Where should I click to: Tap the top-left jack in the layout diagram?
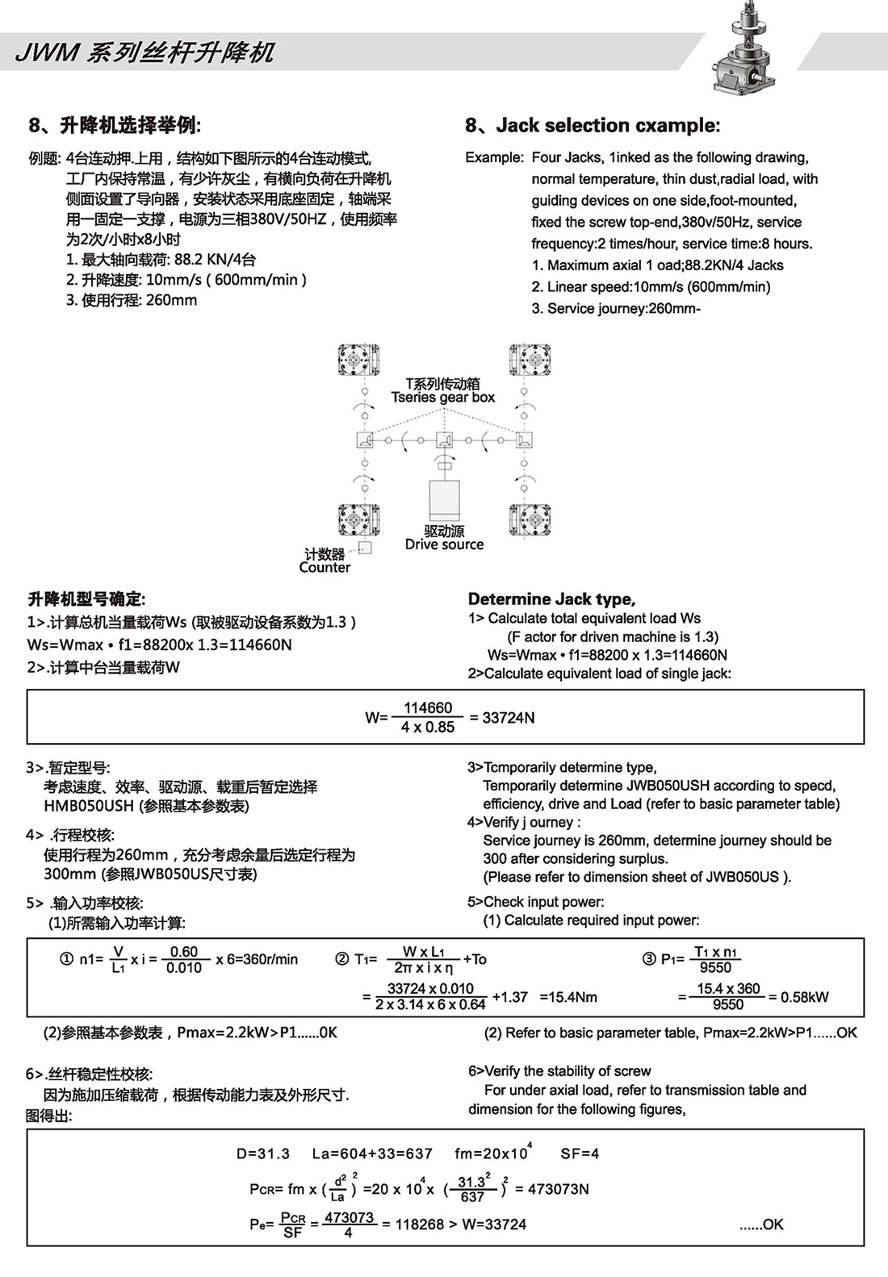click(358, 359)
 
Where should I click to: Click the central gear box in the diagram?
click(444, 440)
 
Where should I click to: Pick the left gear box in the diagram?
click(365, 440)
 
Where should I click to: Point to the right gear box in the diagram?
click(524, 440)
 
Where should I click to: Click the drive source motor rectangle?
click(444, 501)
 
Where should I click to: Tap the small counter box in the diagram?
click(365, 548)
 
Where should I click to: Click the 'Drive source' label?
click(444, 545)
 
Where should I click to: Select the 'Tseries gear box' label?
click(443, 397)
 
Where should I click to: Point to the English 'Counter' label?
click(325, 567)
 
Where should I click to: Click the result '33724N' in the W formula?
click(508, 718)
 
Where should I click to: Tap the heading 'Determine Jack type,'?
click(551, 599)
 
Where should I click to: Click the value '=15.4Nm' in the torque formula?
click(568, 997)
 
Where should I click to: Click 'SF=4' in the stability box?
click(580, 1154)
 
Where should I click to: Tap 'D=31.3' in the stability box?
click(263, 1154)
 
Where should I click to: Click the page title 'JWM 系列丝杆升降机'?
click(145, 53)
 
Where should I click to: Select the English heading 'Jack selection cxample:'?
click(607, 125)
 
